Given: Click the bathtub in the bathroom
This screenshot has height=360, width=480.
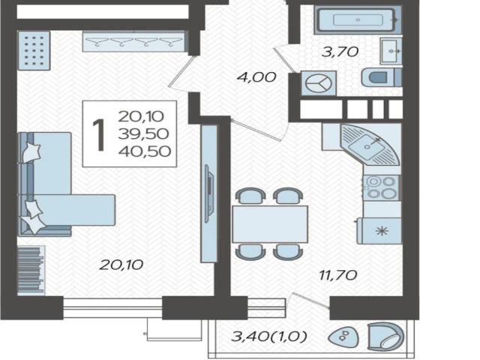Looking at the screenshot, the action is [x=358, y=20].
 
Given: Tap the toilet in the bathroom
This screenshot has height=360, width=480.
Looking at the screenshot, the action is [x=382, y=77].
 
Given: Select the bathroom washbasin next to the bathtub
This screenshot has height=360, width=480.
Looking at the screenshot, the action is [x=391, y=51].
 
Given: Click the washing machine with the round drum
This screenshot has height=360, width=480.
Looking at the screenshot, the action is [x=319, y=83].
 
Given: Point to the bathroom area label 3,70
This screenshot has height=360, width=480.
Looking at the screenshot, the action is [x=340, y=52].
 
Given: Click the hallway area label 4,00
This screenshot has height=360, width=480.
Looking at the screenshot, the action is [x=256, y=76].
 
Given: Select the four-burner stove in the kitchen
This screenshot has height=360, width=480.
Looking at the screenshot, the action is [x=381, y=187].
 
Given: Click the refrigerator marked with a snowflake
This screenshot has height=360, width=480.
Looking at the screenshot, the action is [x=379, y=230].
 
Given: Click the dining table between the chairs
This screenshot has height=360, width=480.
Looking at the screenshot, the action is [x=270, y=224].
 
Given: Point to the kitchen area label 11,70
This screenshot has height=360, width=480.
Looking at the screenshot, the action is [x=338, y=275].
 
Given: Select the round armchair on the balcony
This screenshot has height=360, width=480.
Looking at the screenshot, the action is [x=385, y=337].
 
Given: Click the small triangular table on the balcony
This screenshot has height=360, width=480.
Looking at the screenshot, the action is [x=343, y=337].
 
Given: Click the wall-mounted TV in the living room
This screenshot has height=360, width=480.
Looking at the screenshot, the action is [x=208, y=193].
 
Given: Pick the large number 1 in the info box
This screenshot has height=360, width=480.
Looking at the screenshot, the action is [x=99, y=135].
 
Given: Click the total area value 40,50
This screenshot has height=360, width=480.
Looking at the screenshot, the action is [x=145, y=151].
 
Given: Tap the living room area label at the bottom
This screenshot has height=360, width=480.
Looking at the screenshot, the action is [x=121, y=265].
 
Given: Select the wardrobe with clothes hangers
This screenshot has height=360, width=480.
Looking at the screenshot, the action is [x=134, y=41].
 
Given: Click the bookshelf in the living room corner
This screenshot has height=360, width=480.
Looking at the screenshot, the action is [x=31, y=270].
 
